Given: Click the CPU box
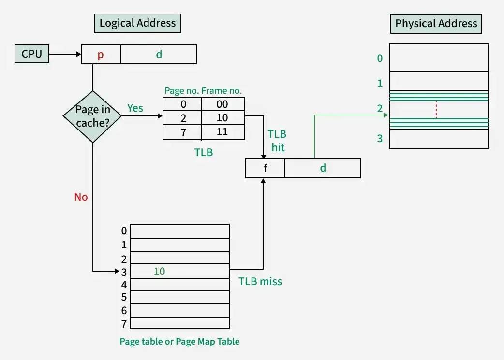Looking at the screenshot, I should pos(32,54).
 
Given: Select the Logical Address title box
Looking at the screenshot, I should pos(137,23).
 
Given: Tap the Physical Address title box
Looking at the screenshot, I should pos(436,23).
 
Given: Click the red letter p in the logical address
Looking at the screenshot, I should pos(101,55).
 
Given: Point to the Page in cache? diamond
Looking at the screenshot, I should pos(92,116).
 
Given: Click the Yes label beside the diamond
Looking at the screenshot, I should pos(135,108).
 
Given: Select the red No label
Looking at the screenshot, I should pos(81,197).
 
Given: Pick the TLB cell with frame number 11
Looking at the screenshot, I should pos(222,132).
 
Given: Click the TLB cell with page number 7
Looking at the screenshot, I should pos(183,132).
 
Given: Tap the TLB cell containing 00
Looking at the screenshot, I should pos(222,104).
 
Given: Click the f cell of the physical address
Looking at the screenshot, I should pos(265,168).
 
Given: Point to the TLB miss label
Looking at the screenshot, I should pos(260,281).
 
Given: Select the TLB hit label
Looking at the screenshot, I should pos(277,141).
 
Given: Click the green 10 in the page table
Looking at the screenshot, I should pos(159,272).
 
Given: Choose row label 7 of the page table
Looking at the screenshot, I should pos(124,323).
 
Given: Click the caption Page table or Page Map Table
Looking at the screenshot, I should pos(179,341).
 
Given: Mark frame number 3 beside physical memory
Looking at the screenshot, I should pos(380,139).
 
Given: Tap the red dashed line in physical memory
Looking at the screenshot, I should pos(436,110).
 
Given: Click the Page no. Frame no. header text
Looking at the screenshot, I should pos(203,90).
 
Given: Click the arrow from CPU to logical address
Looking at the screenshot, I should pos(65,54).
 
